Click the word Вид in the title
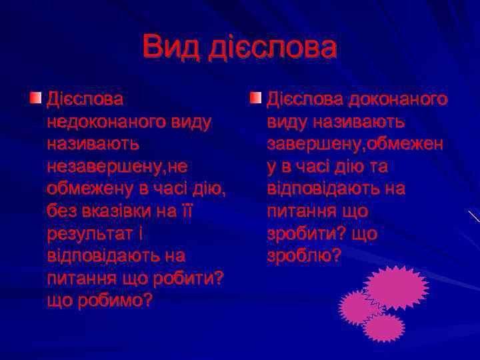[171, 48]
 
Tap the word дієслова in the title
[273, 48]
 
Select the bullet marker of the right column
[255, 99]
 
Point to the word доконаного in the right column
[397, 99]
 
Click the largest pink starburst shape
[395, 287]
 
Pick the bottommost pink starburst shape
[383, 327]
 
